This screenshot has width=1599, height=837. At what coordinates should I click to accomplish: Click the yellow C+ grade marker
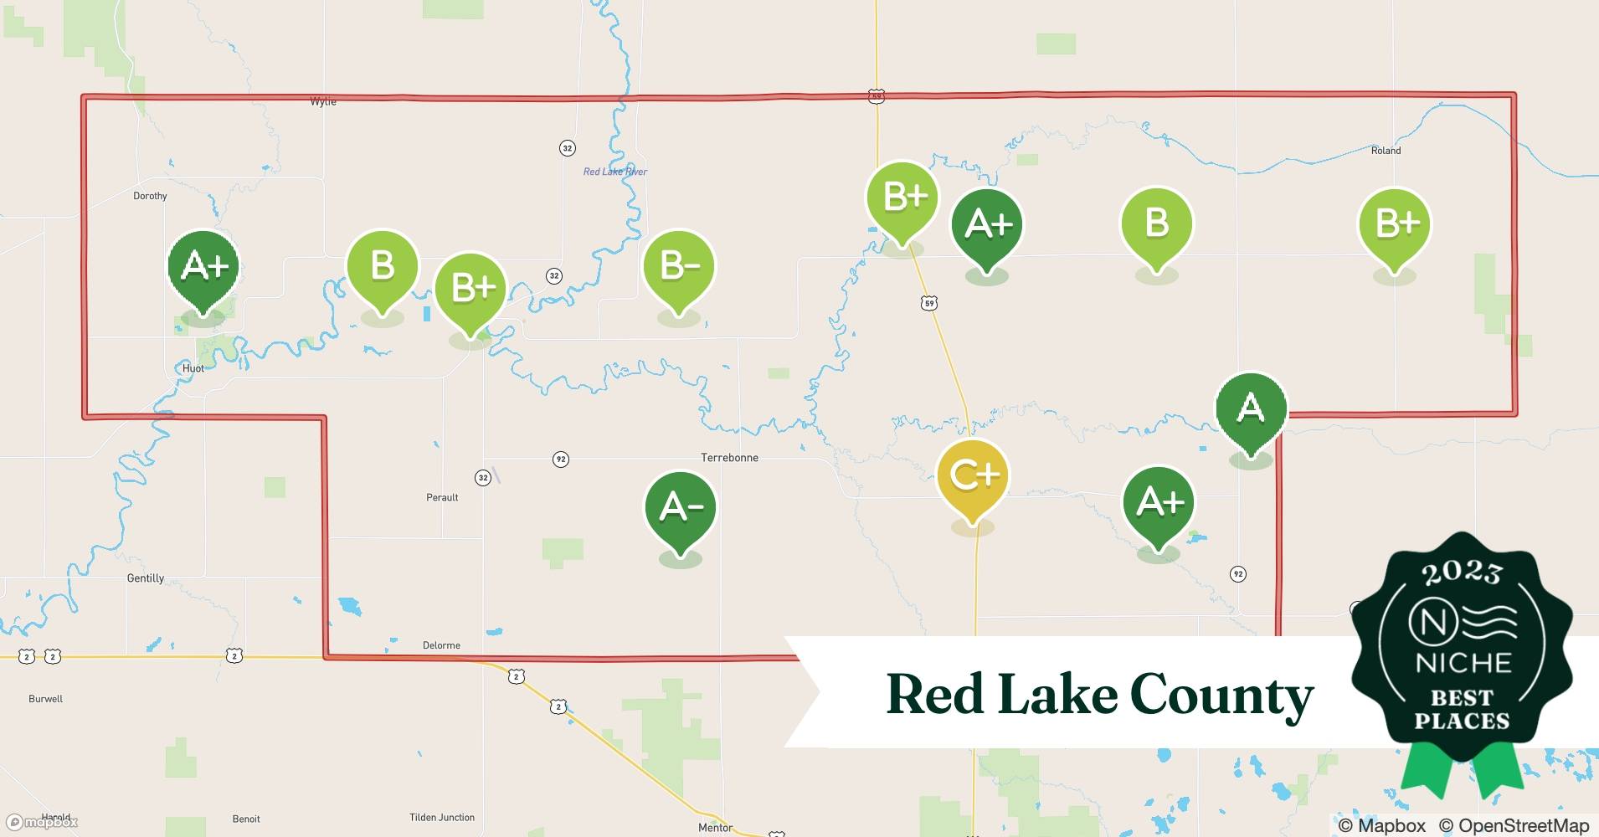click(x=972, y=476)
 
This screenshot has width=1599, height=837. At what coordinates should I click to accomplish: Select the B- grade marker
click(x=679, y=267)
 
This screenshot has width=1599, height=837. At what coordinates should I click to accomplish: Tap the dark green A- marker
click(x=680, y=507)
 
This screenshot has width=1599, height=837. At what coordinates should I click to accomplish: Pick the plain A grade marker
click(x=1251, y=408)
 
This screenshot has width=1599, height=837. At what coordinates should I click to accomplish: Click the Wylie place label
click(x=323, y=101)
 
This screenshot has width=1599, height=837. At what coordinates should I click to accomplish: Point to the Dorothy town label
click(x=150, y=196)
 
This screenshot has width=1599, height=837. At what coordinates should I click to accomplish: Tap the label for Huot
click(x=193, y=368)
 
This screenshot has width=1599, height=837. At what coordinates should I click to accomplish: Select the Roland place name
click(x=1386, y=151)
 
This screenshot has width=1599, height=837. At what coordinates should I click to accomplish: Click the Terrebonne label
click(x=729, y=458)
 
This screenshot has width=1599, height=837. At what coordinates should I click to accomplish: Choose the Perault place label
click(x=442, y=497)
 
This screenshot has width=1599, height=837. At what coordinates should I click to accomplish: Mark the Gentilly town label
click(x=145, y=578)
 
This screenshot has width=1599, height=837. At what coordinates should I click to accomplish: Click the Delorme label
click(x=441, y=645)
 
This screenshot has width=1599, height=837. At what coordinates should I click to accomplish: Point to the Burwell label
click(x=45, y=699)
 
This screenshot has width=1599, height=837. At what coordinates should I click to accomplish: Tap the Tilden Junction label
click(x=442, y=818)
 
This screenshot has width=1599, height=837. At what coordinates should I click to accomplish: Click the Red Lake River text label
click(x=615, y=172)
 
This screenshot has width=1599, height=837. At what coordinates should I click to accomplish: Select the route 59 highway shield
click(x=928, y=303)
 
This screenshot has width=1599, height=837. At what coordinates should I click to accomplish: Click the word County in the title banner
click(x=1221, y=696)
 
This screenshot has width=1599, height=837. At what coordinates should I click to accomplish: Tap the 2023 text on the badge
click(x=1462, y=573)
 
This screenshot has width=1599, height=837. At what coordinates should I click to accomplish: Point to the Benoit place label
click(x=246, y=819)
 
